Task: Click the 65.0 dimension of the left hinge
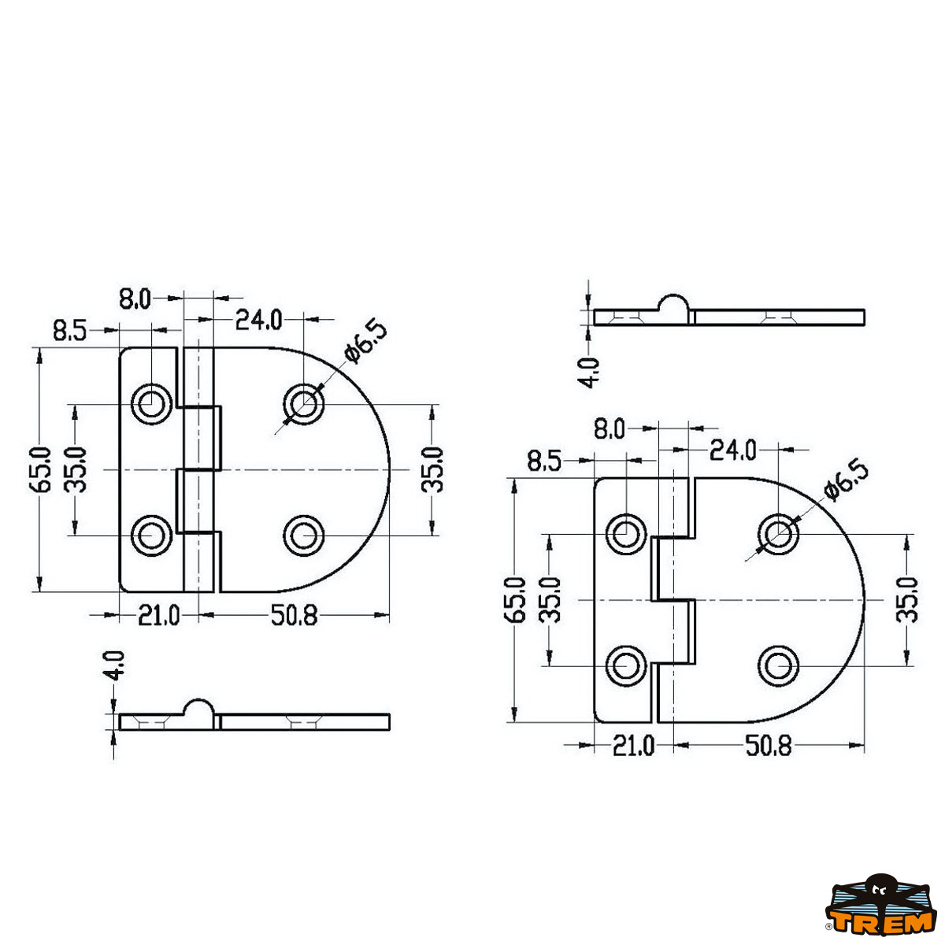pos(39,470)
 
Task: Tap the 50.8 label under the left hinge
pos(295,615)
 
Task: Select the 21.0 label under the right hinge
pos(633,747)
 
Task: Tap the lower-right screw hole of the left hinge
pos(304,535)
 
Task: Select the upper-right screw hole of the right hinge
pos(779,534)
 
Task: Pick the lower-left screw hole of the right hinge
pos(626,666)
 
